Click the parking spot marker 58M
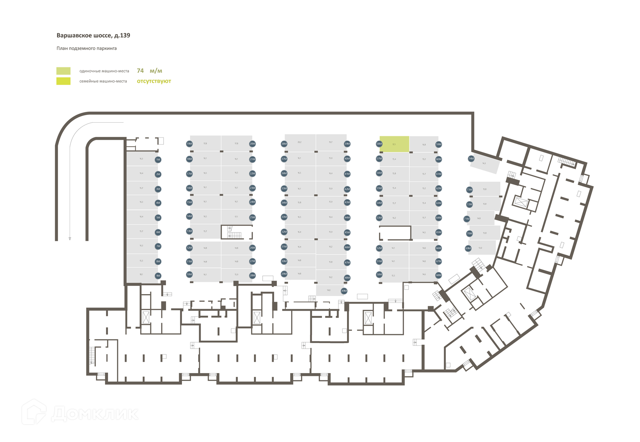point(379,144)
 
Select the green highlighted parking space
point(394,144)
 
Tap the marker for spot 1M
point(158,160)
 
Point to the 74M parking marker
point(471,159)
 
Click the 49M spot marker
point(344,291)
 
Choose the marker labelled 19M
point(189,144)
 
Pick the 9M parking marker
point(158,276)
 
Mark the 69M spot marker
point(468,248)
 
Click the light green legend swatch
point(63,71)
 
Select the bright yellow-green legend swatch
point(63,81)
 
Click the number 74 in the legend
point(140,71)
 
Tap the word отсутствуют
point(154,81)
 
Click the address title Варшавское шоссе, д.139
point(93,35)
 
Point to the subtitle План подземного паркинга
point(87,48)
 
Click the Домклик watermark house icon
point(34,412)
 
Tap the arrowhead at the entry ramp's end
point(70,238)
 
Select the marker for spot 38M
point(284,144)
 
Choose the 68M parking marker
point(439,275)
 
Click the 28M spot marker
point(252,275)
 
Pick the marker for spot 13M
point(189,231)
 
